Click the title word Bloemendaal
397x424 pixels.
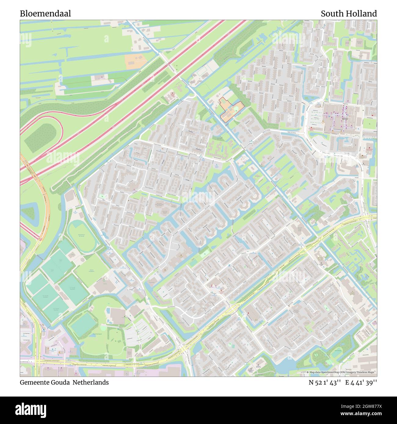tap(46, 14)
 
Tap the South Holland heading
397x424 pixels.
tap(348, 14)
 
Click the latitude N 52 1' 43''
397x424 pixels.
tap(325, 383)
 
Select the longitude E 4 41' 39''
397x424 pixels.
tap(361, 383)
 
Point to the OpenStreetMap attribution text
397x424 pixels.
tap(341, 372)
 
